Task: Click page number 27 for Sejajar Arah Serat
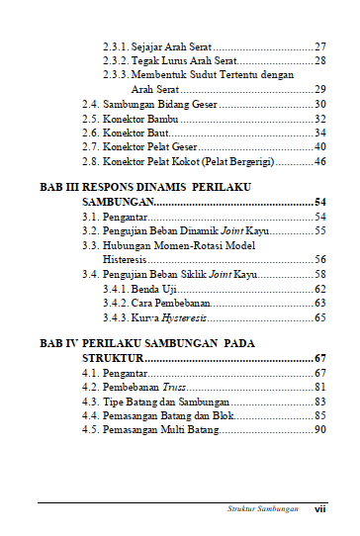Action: click(x=319, y=46)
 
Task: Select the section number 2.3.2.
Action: click(x=116, y=61)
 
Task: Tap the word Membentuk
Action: click(x=161, y=75)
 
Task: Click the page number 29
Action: click(x=319, y=90)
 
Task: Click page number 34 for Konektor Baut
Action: click(x=319, y=133)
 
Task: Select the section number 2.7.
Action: click(x=90, y=146)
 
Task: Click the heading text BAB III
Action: click(x=61, y=187)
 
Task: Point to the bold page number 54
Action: click(x=319, y=202)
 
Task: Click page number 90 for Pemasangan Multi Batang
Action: click(x=319, y=430)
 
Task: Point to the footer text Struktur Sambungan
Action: click(x=257, y=509)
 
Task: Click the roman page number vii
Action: click(x=320, y=509)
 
